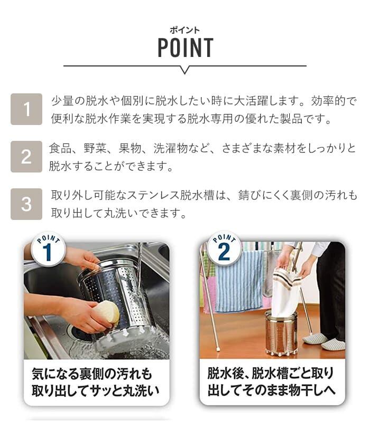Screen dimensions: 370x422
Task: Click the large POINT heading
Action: click(x=186, y=47)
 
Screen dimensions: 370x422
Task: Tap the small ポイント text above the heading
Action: click(x=184, y=30)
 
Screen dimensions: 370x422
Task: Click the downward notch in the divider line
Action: click(x=184, y=70)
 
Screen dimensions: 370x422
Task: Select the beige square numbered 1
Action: click(x=26, y=109)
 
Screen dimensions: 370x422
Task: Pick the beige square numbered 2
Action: click(x=26, y=156)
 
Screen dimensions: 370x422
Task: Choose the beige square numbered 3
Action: click(x=26, y=204)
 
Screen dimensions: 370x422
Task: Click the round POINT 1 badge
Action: click(x=48, y=248)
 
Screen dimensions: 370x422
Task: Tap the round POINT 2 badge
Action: click(x=224, y=248)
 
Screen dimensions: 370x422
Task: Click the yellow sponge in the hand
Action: click(x=107, y=312)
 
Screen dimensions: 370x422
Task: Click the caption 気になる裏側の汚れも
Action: click(x=91, y=374)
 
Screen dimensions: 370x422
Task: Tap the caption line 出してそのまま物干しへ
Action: click(x=271, y=390)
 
